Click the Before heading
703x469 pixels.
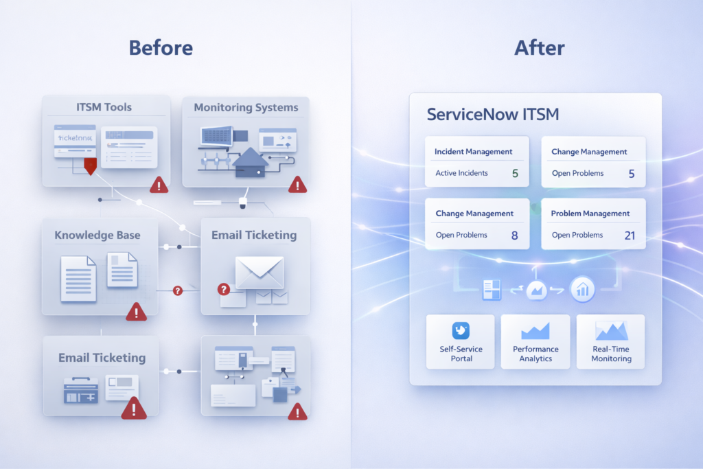click(161, 48)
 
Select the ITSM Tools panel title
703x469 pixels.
click(104, 107)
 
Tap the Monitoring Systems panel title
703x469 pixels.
click(246, 108)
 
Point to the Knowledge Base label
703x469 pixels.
click(97, 235)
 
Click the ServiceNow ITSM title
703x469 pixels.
click(493, 114)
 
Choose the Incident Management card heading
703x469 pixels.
click(474, 151)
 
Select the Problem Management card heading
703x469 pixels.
click(590, 214)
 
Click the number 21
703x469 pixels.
click(630, 236)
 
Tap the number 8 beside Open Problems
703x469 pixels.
click(514, 236)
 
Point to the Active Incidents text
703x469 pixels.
click(461, 173)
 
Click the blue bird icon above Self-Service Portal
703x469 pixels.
click(461, 331)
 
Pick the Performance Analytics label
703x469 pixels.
click(535, 354)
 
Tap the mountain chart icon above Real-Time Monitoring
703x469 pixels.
click(611, 331)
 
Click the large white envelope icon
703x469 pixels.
click(259, 272)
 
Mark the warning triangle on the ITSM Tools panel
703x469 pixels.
click(159, 184)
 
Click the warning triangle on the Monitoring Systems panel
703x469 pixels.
click(297, 184)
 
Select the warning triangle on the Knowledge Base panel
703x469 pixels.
click(136, 312)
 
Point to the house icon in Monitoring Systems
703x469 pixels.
click(250, 163)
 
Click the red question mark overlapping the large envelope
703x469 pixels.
click(223, 290)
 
